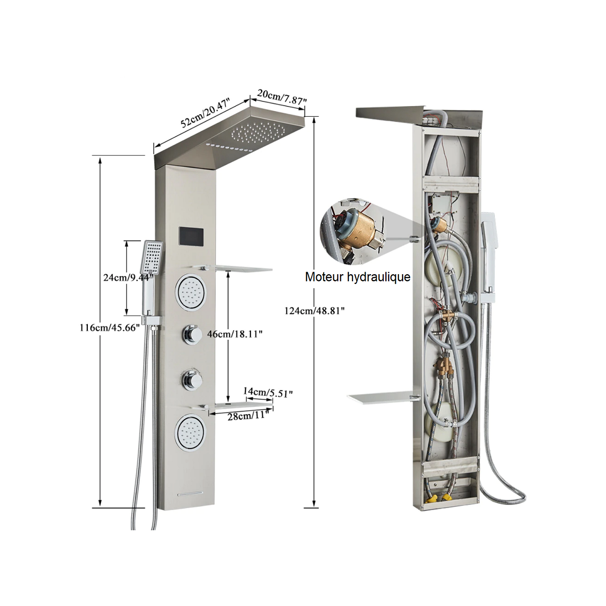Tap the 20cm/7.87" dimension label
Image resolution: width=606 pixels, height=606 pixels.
pos(282,97)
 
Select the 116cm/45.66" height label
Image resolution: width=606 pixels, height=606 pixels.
pos(110,328)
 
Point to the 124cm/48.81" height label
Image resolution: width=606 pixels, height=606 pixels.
pos(314,311)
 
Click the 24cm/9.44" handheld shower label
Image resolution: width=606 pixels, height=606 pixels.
pos(126,277)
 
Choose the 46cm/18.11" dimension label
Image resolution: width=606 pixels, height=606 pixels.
pos(235,334)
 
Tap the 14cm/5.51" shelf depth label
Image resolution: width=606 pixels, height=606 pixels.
pos(268,392)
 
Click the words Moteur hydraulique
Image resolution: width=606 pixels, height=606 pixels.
pos(358,277)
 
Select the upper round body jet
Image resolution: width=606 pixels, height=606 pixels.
pos(190,292)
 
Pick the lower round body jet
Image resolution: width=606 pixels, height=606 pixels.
pos(190,433)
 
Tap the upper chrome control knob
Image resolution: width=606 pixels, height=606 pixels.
pos(191,333)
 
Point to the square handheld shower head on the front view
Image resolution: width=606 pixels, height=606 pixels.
pos(153,255)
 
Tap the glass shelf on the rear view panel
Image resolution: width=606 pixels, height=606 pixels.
pos(381,399)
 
